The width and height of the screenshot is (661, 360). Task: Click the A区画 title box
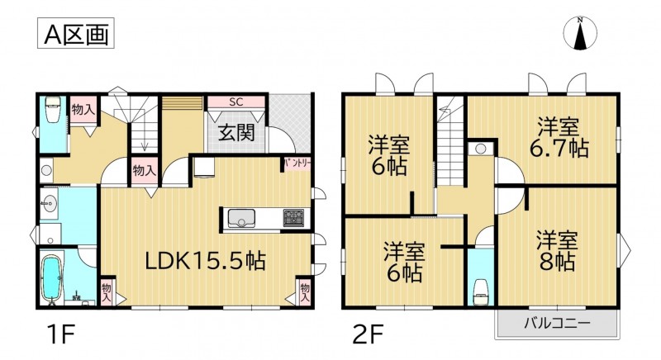point(76,33)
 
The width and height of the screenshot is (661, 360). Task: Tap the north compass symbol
point(581,33)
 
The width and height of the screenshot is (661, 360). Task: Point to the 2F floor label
point(368,334)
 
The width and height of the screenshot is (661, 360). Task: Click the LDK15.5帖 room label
point(205,261)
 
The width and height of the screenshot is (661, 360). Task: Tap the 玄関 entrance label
point(236,133)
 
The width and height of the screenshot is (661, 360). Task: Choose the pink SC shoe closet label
point(236,102)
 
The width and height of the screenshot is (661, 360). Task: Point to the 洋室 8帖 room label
point(556,250)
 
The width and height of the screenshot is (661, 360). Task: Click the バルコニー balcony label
point(557,324)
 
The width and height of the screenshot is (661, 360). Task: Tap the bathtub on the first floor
point(53,278)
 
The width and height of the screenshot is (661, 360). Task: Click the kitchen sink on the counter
point(241,218)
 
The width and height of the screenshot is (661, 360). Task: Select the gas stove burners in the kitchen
point(293,218)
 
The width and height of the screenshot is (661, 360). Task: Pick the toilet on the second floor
point(481,292)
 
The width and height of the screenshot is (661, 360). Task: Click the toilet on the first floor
point(54,109)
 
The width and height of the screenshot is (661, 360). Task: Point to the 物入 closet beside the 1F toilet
point(83,111)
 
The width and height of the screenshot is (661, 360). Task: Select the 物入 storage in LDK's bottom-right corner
point(304,291)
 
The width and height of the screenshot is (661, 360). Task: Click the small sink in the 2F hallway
point(481,149)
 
